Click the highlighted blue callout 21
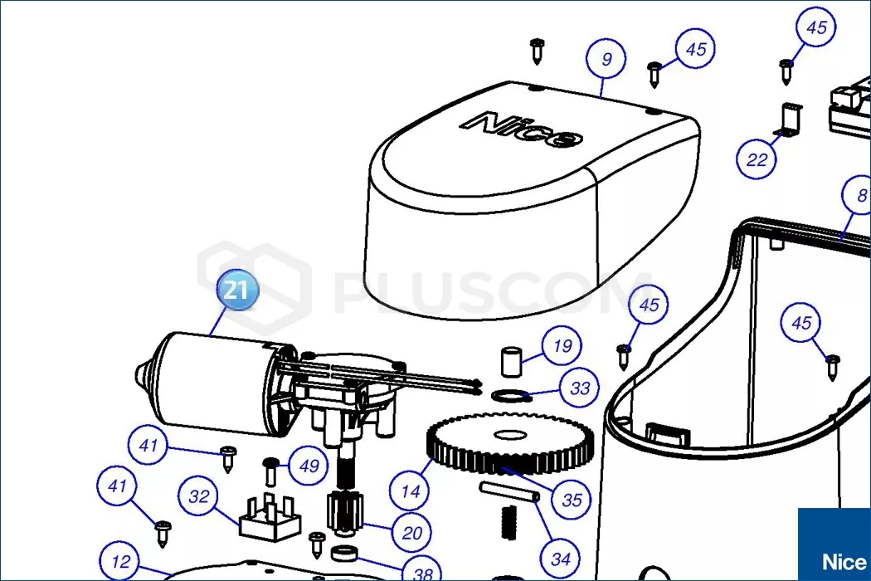click(x=237, y=289)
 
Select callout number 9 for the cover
click(x=606, y=59)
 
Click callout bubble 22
click(x=756, y=159)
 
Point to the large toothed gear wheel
click(x=510, y=444)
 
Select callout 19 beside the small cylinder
click(x=562, y=346)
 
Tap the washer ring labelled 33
click(x=511, y=395)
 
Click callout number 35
click(x=572, y=500)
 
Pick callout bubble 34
click(x=561, y=559)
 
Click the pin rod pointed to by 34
click(x=509, y=491)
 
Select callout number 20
click(x=411, y=533)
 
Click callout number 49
click(x=309, y=465)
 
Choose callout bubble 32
click(x=198, y=496)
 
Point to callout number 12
click(x=120, y=561)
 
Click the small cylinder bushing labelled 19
click(x=512, y=361)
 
